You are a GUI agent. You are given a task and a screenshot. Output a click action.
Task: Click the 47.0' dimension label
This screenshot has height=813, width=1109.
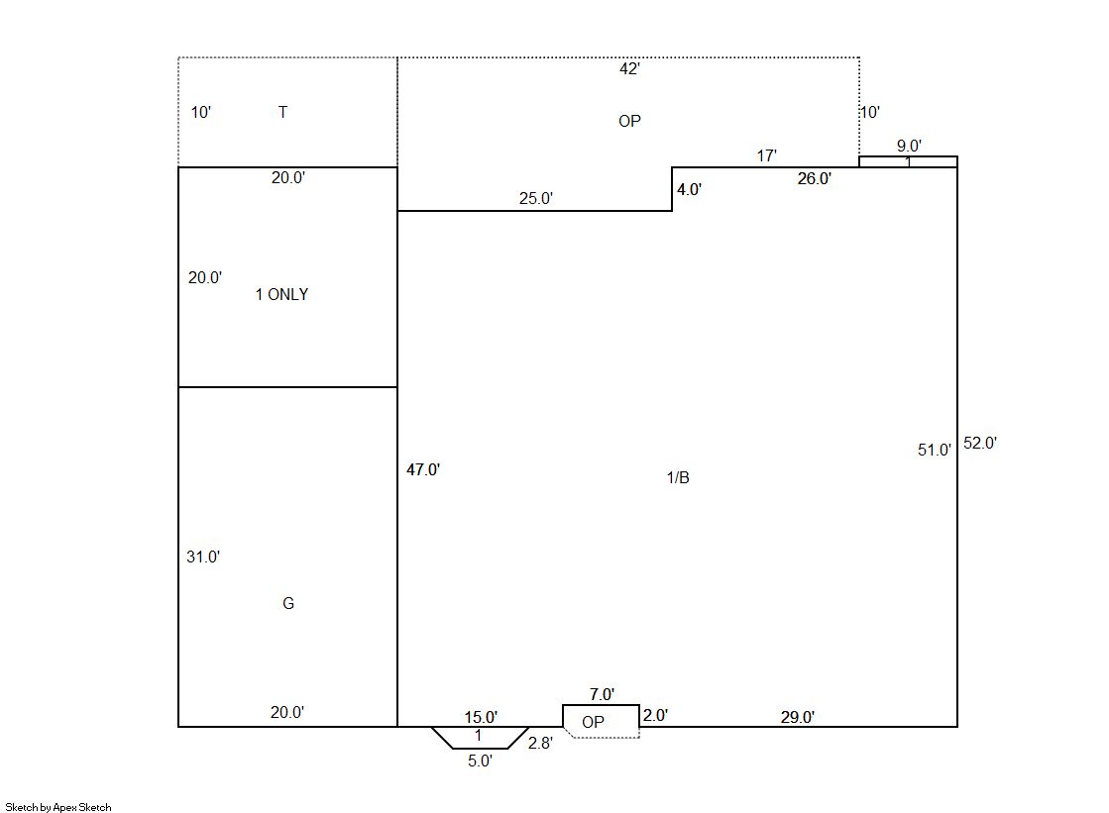(423, 469)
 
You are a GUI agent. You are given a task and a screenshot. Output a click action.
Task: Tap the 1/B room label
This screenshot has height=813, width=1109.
(678, 478)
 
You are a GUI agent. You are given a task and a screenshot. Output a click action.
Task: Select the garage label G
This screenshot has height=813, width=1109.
(287, 603)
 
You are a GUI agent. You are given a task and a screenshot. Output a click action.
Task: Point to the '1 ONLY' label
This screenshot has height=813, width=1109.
(281, 294)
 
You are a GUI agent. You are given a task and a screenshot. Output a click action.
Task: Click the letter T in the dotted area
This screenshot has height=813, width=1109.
(282, 112)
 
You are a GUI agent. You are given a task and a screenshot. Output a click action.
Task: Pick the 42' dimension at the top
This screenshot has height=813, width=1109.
(629, 68)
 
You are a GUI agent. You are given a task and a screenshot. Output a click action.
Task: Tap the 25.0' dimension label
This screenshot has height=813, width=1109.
(536, 199)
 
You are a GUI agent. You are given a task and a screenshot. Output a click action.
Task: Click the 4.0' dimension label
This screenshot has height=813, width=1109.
(689, 189)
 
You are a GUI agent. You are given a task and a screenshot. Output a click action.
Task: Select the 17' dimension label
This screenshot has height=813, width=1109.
(767, 155)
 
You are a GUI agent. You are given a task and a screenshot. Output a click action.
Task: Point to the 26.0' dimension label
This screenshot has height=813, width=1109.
(814, 179)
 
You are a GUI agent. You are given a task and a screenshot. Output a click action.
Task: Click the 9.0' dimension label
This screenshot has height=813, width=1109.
(909, 146)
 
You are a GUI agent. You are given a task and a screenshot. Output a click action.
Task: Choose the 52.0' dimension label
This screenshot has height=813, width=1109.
(980, 444)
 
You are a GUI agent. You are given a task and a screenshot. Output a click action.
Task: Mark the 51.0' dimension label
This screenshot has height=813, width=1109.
(935, 451)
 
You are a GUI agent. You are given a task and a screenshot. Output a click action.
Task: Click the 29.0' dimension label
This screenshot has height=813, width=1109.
(797, 718)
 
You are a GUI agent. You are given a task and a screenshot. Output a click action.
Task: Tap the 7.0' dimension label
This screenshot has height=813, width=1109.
(602, 695)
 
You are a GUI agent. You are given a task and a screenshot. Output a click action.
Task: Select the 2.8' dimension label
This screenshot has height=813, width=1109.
(540, 743)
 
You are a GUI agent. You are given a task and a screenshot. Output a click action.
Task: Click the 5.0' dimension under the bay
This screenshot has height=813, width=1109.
(480, 762)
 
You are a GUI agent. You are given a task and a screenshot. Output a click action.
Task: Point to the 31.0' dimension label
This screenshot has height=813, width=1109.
(203, 558)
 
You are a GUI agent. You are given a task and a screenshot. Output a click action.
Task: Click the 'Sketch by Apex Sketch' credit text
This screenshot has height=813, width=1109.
(58, 807)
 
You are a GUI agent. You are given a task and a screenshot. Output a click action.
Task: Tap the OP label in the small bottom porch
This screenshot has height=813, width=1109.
(593, 722)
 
